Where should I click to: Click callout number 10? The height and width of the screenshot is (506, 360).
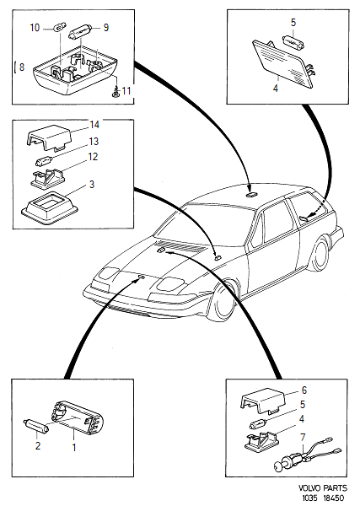point(35,28)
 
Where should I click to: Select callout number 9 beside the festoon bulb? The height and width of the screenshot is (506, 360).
point(105,28)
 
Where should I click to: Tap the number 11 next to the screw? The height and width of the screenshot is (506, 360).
point(126,91)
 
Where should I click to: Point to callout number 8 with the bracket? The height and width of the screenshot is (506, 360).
point(21,67)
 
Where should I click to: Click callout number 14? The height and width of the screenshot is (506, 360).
point(94,124)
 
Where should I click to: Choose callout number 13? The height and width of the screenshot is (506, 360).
point(94,142)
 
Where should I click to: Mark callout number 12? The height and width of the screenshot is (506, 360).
point(93,157)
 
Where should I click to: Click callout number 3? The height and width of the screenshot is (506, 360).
point(92,184)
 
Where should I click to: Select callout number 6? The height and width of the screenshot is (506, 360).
point(304,390)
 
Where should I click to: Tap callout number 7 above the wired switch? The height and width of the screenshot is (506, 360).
point(303,437)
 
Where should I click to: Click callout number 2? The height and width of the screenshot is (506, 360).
point(38,446)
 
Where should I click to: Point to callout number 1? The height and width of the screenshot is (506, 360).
point(74,448)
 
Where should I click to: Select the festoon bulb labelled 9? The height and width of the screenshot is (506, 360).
point(81,33)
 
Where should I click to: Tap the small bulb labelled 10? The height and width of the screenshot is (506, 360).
point(59,28)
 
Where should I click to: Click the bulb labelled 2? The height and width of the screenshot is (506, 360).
point(37,424)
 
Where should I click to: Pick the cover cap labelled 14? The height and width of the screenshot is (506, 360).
point(49,137)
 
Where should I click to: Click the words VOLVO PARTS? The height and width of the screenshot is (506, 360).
point(323,488)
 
